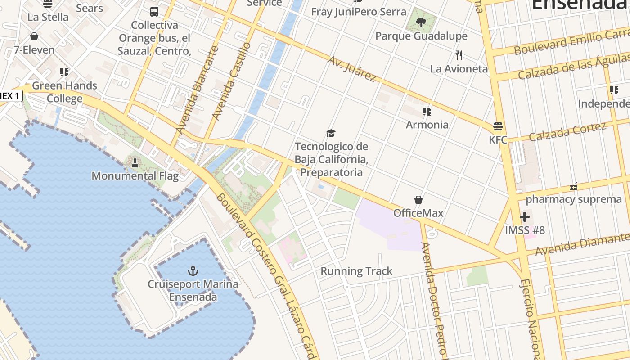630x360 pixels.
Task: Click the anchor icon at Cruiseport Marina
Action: pyautogui.click(x=193, y=270)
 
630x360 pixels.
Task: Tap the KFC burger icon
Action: pyautogui.click(x=498, y=126)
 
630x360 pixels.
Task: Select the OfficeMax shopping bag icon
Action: pyautogui.click(x=418, y=199)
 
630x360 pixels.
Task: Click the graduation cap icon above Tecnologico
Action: pyautogui.click(x=331, y=133)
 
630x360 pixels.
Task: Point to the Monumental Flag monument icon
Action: pyautogui.click(x=135, y=163)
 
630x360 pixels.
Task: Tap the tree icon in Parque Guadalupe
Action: pyautogui.click(x=421, y=22)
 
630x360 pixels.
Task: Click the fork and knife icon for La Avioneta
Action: pyautogui.click(x=459, y=55)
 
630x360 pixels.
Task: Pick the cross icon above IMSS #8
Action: pyautogui.click(x=524, y=217)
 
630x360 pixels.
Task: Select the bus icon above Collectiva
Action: pyautogui.click(x=154, y=12)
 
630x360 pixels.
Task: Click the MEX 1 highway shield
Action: pyautogui.click(x=10, y=95)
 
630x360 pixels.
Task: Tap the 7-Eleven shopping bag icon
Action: pyautogui.click(x=34, y=36)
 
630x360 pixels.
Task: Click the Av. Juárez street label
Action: pyautogui.click(x=351, y=69)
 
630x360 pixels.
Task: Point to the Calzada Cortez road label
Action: pyautogui.click(x=567, y=132)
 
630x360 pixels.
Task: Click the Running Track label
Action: pyautogui.click(x=356, y=271)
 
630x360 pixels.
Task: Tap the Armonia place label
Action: pyautogui.click(x=427, y=125)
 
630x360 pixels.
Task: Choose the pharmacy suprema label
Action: pyautogui.click(x=574, y=199)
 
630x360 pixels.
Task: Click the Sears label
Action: pyautogui.click(x=90, y=8)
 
